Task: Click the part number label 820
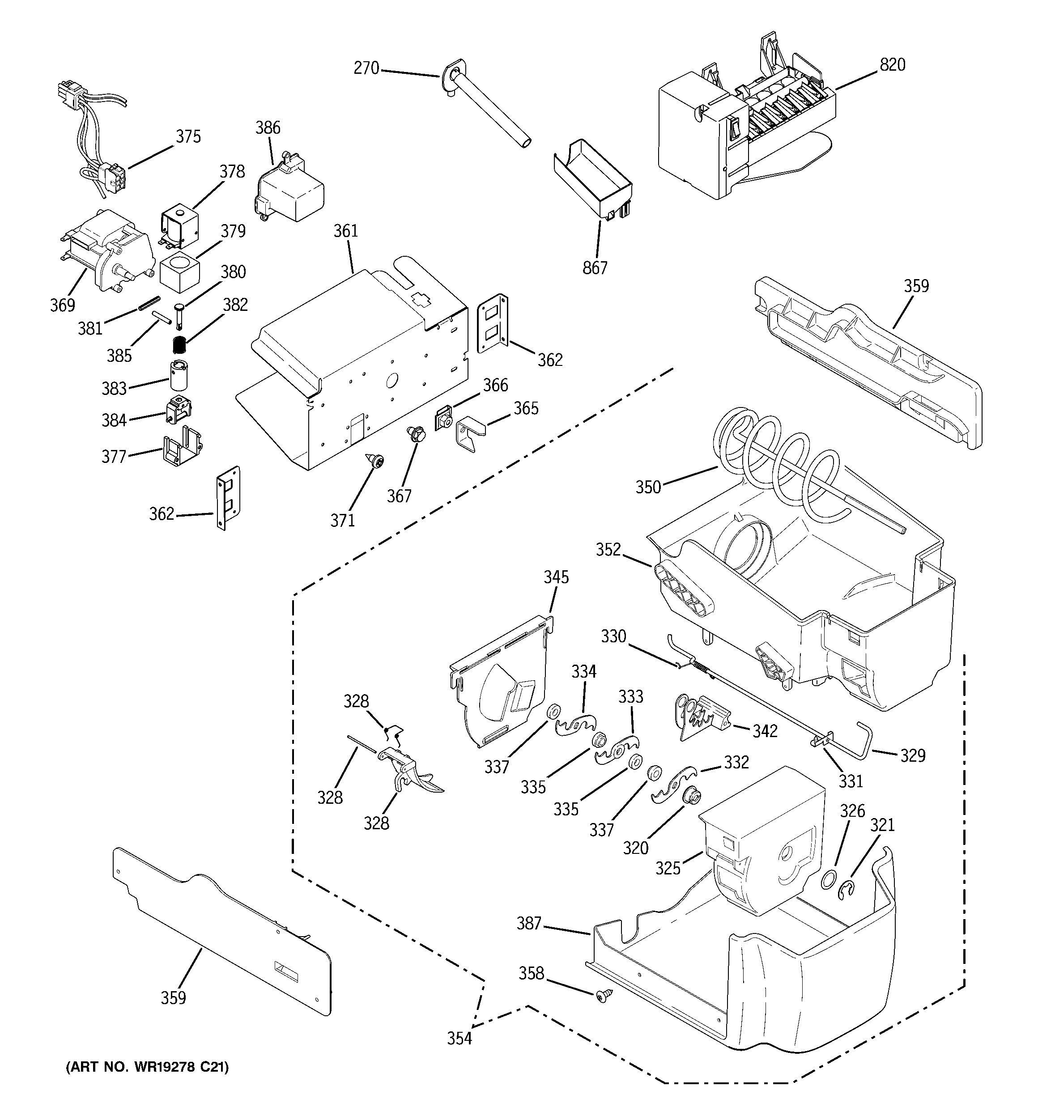(x=892, y=65)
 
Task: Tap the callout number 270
(x=366, y=68)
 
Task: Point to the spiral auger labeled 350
(x=780, y=468)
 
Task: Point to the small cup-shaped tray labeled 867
(x=593, y=178)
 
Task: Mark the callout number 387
(x=529, y=923)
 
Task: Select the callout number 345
(x=556, y=577)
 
